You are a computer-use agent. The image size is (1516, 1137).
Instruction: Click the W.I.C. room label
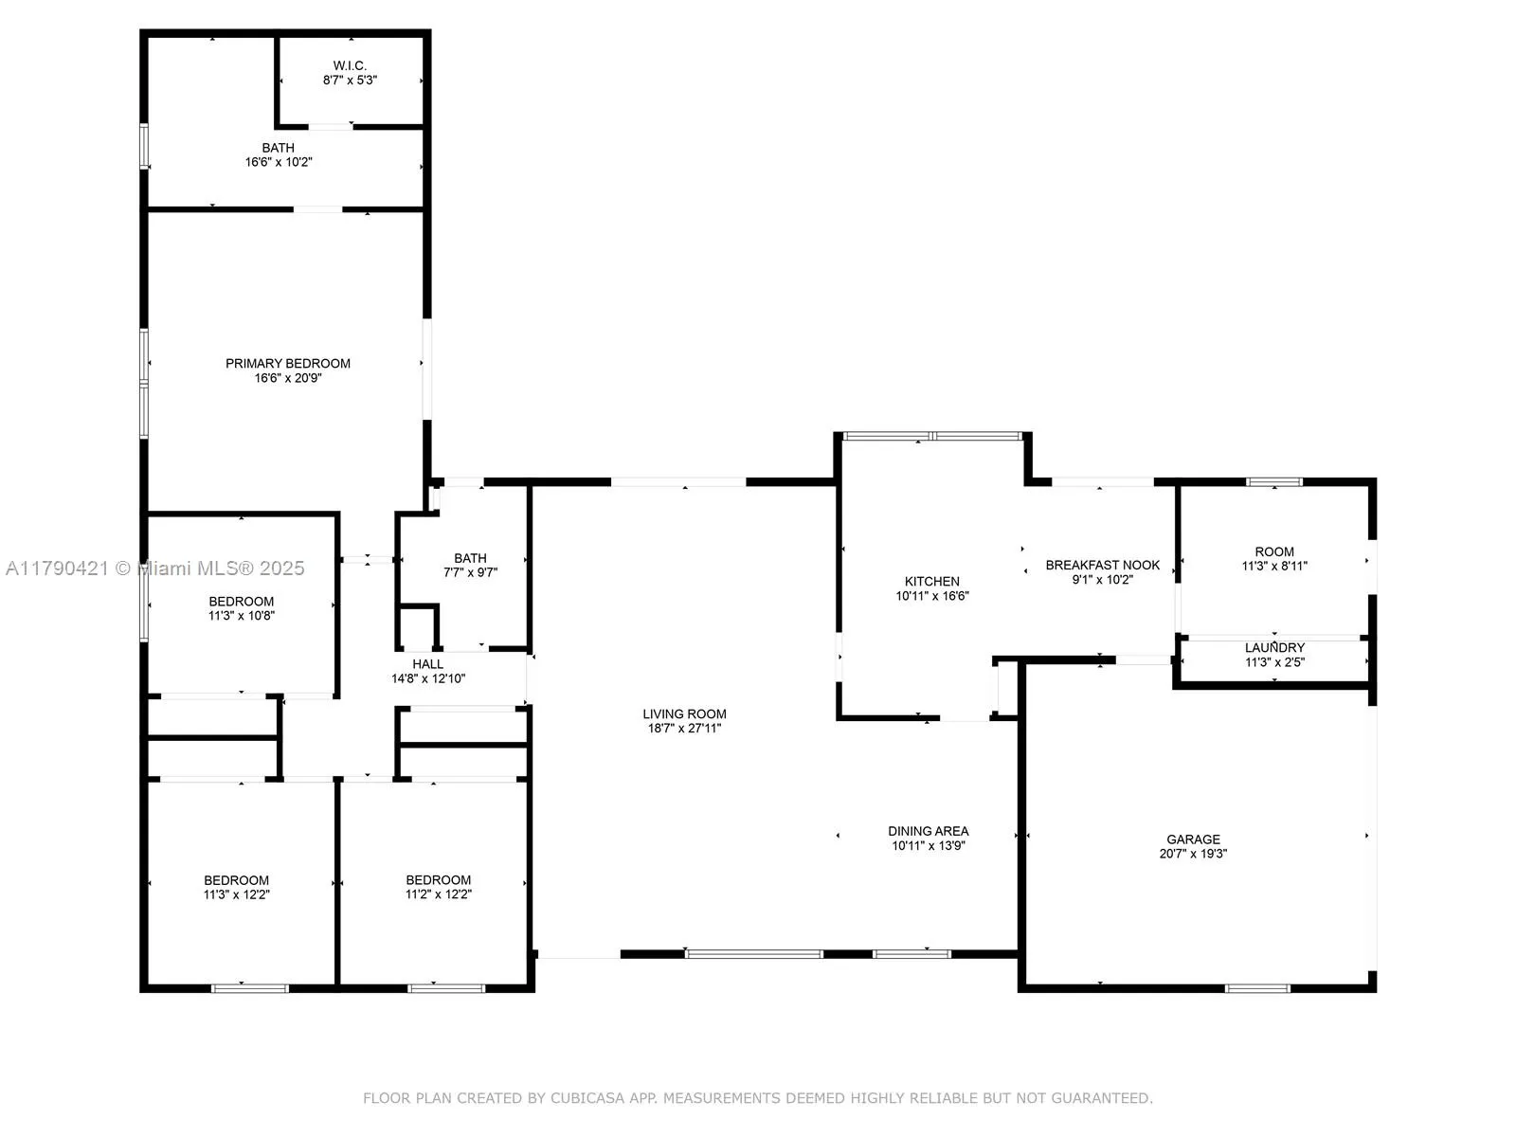click(350, 65)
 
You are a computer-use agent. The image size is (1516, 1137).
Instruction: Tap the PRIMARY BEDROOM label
click(288, 363)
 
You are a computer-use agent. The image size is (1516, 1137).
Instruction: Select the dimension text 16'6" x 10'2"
click(279, 162)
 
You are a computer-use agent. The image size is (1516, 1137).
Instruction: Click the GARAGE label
click(1193, 839)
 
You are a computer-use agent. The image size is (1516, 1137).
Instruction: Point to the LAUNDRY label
click(1274, 648)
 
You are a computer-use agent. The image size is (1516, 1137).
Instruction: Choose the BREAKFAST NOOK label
click(1102, 565)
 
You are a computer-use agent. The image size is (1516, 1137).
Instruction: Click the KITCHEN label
click(931, 581)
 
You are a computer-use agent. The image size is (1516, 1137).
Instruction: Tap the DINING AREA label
click(928, 831)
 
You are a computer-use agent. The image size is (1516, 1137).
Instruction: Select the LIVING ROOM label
click(684, 714)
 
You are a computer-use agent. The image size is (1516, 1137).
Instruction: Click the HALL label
click(427, 664)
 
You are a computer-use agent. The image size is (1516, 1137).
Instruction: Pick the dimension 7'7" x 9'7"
click(470, 572)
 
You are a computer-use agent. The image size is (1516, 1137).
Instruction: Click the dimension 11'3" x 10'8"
click(242, 615)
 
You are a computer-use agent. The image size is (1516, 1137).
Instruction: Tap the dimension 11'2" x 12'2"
click(438, 893)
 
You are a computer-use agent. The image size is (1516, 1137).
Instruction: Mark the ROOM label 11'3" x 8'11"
click(1274, 551)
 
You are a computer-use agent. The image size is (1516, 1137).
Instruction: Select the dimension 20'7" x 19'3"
click(1193, 853)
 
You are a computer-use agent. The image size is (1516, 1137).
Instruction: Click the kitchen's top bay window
click(932, 436)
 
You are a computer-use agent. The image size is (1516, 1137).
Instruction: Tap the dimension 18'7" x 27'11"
click(684, 729)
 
